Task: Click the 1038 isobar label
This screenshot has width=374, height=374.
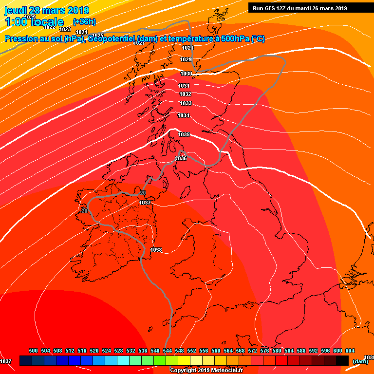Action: coord(156,250)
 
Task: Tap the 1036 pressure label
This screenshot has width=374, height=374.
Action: coord(181,158)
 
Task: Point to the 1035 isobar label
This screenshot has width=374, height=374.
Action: coord(184,134)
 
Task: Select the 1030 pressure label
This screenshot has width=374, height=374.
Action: coord(186,74)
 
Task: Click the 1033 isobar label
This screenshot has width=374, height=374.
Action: coord(185,103)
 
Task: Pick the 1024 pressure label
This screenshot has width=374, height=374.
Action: coord(82,33)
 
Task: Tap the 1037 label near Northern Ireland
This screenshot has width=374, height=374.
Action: coord(145,203)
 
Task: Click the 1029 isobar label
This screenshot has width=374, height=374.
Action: coord(186,59)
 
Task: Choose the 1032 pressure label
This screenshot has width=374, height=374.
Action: coord(185,94)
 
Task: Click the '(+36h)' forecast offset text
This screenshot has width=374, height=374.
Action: coord(83,22)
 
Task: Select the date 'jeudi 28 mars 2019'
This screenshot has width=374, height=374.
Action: coord(47,10)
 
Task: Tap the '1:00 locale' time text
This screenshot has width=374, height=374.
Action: coord(35,22)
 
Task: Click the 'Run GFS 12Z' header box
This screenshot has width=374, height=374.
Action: coord(310,8)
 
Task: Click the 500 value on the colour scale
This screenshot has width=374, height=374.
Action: coord(34,351)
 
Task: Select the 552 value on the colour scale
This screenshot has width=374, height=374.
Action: coord(192,351)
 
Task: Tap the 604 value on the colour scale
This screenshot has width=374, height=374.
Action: coord(350,351)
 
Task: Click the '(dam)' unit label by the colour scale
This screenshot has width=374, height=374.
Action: coord(360,361)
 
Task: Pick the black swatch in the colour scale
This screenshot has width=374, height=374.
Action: coord(342,360)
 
